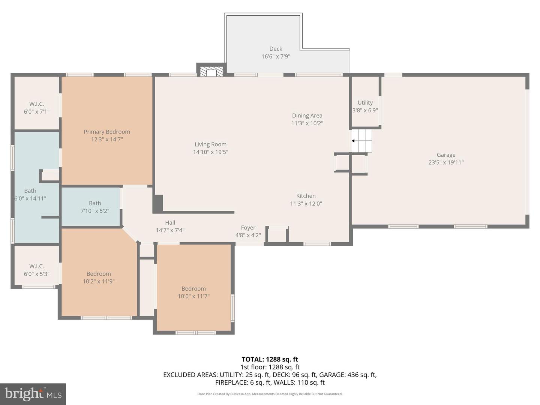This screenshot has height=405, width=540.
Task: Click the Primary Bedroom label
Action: [x=107, y=132]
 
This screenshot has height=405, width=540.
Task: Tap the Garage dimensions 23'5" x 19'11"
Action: [x=446, y=162]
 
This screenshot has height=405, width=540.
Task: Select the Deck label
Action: [x=276, y=49]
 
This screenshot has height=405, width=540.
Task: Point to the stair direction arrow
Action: [x=354, y=141]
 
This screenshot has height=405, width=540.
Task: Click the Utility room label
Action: [x=365, y=102]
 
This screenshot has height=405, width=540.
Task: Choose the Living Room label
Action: [x=210, y=144]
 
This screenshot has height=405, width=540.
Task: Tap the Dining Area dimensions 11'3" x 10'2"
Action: [x=307, y=123]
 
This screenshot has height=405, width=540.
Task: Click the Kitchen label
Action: [x=306, y=196]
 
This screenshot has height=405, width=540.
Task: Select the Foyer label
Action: [x=248, y=228]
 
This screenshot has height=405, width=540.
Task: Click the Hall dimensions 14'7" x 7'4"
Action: [x=170, y=230]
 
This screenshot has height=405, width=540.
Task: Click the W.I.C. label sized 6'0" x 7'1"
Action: [x=36, y=104]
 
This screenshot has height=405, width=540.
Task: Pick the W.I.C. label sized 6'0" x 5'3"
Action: [x=36, y=266]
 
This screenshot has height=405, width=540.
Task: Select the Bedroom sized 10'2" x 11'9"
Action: [x=99, y=277]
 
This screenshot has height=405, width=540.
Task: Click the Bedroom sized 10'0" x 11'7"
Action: [x=193, y=292]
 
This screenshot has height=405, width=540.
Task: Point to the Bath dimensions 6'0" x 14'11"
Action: [x=30, y=198]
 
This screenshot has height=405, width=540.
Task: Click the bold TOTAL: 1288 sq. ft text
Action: [x=270, y=359]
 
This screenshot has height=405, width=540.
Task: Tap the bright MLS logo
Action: [x=33, y=394]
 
